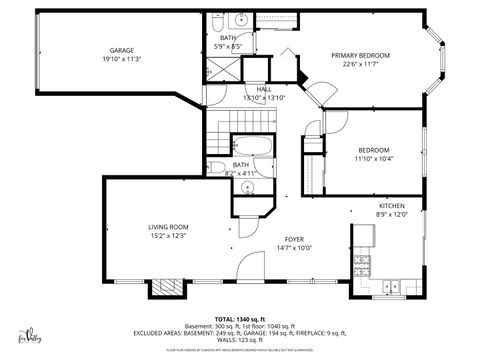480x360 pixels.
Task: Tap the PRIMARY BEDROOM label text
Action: pos(360,55)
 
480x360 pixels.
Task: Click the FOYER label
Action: pos(293,240)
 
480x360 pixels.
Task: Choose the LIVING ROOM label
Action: pos(168,228)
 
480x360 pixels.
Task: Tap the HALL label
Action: pos(264,89)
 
